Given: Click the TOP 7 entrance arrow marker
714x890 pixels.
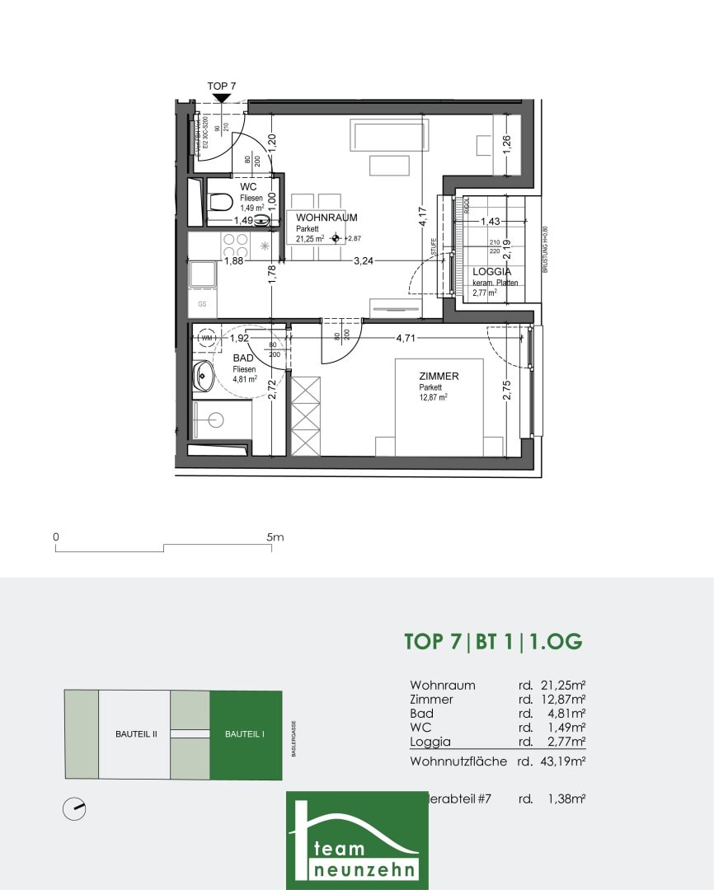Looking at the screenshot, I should coord(221,98).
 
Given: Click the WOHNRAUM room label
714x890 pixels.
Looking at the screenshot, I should coord(326,218).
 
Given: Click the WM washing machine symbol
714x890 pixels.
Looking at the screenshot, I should coord(206,338).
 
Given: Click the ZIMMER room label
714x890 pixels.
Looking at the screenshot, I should coord(439,377).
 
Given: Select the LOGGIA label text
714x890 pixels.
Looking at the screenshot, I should coord(491,271).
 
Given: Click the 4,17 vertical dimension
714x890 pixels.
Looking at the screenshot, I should coord(421,217).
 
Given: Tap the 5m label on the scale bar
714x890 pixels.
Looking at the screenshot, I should coord(275,537).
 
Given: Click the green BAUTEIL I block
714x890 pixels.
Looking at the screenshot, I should coord(246,734).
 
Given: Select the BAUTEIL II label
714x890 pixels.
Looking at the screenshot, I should coord(135,734).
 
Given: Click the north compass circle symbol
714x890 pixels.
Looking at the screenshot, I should coord(74,809).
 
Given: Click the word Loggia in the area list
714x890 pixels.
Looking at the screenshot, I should coord(430,742).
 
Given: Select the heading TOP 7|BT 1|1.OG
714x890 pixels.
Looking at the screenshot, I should coord(493,642).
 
